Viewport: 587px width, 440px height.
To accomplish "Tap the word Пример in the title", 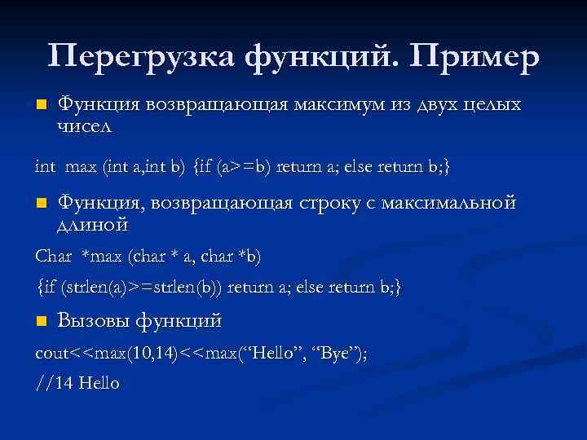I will tap(476, 56).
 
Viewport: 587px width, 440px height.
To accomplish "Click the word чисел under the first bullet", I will tap(85, 127).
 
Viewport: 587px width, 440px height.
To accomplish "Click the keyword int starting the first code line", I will tap(46, 167).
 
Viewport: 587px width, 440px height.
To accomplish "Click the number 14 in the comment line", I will tap(69, 383).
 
